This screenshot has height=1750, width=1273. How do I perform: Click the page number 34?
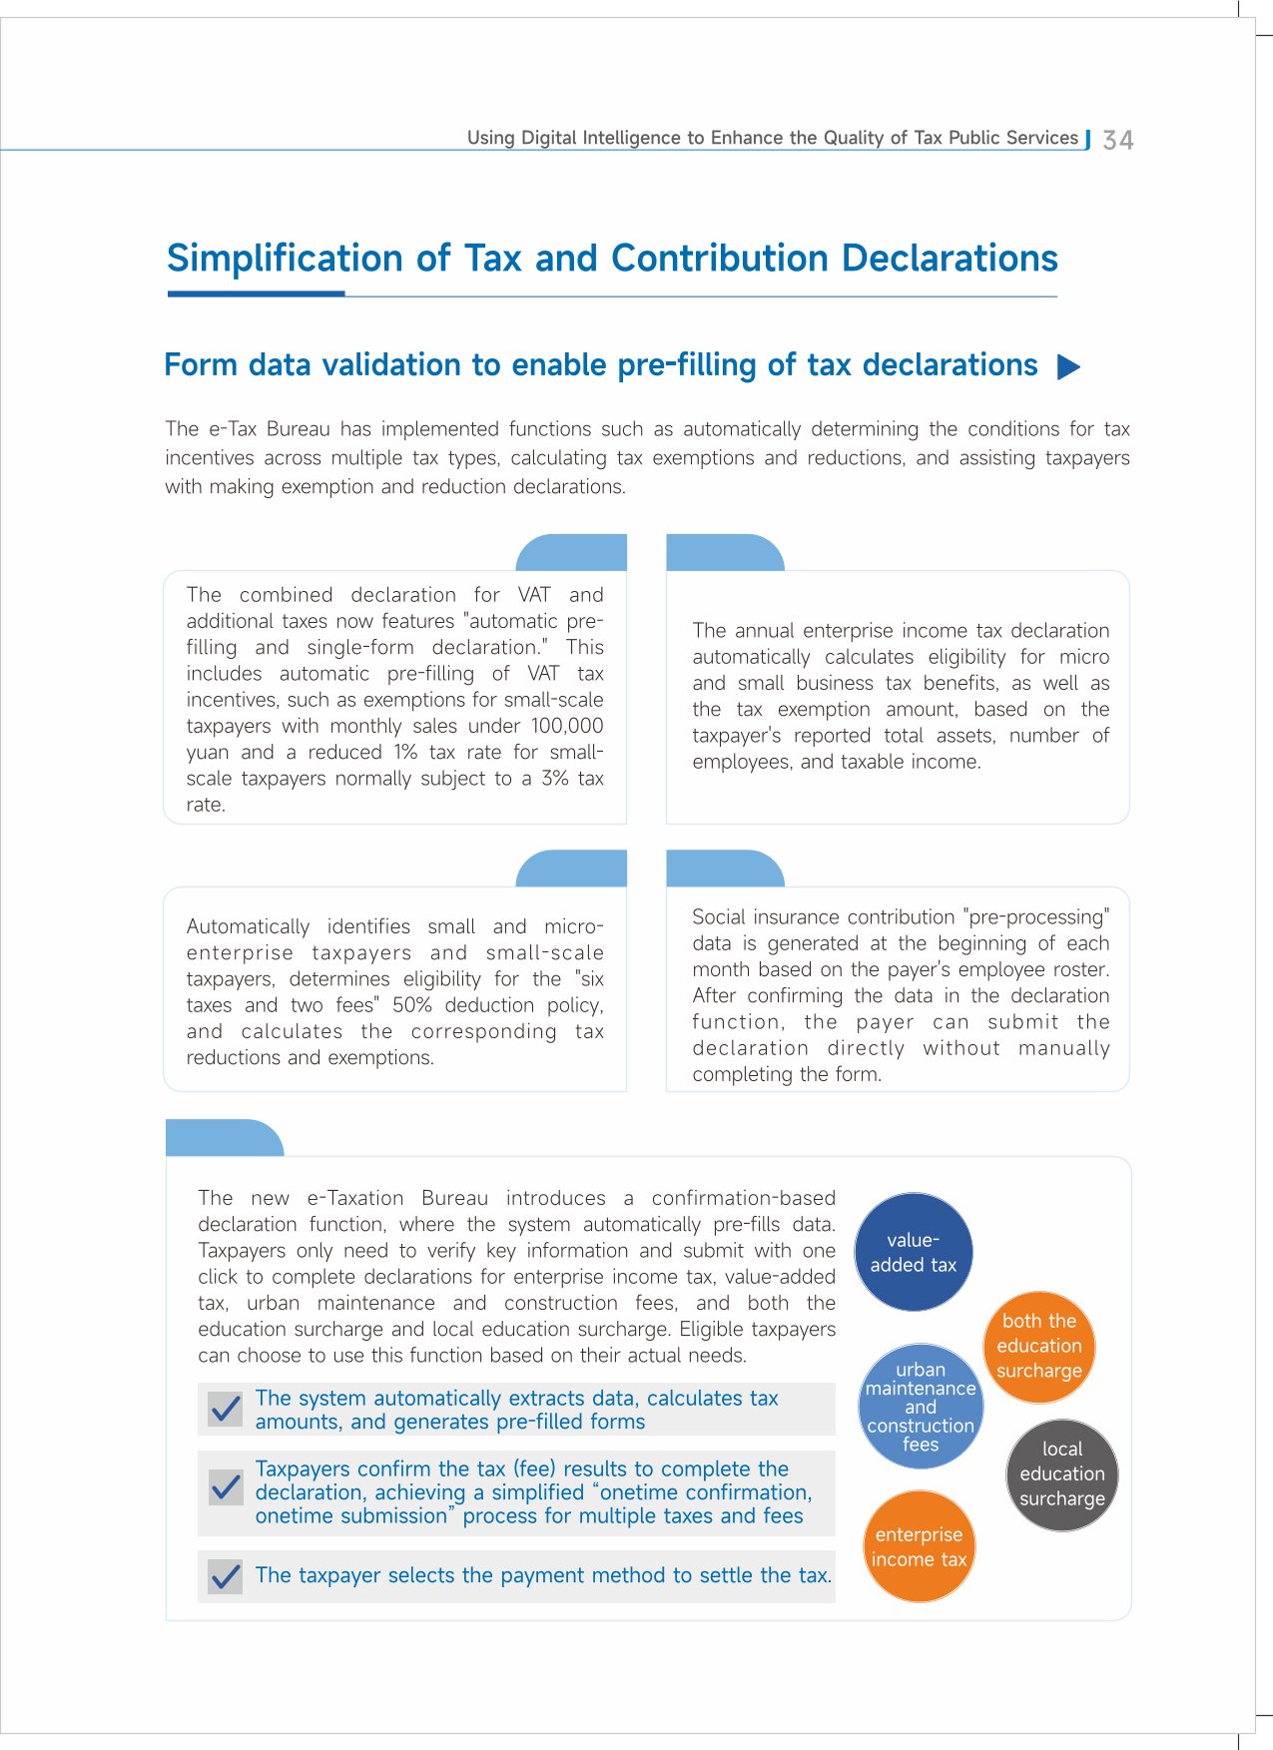pyautogui.click(x=1117, y=140)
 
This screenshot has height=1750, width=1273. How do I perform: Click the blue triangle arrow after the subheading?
pyautogui.click(x=1068, y=366)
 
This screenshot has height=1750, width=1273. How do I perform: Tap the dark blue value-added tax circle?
pyautogui.click(x=914, y=1252)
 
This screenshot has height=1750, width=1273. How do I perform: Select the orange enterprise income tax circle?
pyautogui.click(x=919, y=1546)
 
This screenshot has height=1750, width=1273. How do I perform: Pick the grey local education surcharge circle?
pyautogui.click(x=1062, y=1473)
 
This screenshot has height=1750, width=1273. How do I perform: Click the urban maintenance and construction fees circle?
pyautogui.click(x=921, y=1407)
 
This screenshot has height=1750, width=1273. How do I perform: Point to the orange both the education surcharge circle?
pyautogui.click(x=1039, y=1346)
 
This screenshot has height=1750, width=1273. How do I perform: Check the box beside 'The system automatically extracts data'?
pyautogui.click(x=226, y=1409)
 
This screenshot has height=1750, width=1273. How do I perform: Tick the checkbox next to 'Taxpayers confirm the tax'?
pyautogui.click(x=226, y=1487)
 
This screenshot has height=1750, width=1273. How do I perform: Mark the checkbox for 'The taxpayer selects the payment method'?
pyautogui.click(x=226, y=1576)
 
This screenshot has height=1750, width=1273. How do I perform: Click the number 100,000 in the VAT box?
pyautogui.click(x=567, y=726)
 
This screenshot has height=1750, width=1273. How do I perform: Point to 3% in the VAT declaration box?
pyautogui.click(x=555, y=779)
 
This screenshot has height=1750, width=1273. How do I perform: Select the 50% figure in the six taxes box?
pyautogui.click(x=412, y=1005)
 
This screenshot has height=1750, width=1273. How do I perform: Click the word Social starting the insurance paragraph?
pyautogui.click(x=719, y=917)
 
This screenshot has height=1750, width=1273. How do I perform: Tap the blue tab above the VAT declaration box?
pyautogui.click(x=572, y=553)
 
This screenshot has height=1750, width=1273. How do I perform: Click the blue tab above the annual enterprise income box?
pyautogui.click(x=724, y=553)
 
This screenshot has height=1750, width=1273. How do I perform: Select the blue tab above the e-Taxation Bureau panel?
pyautogui.click(x=224, y=1138)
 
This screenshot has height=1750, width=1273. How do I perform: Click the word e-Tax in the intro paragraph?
pyautogui.click(x=233, y=429)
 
